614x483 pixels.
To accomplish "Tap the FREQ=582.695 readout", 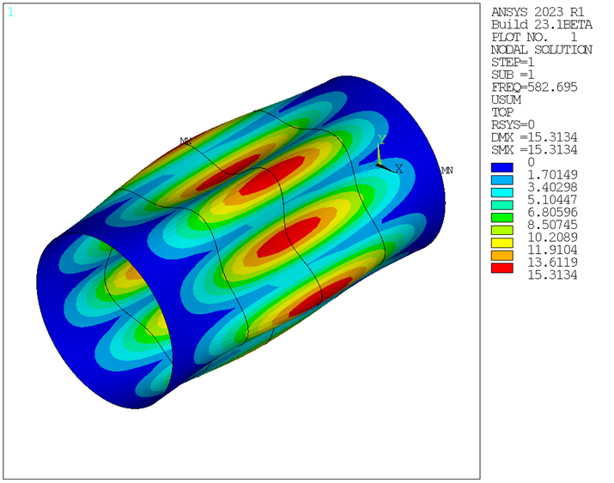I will coord(533,87).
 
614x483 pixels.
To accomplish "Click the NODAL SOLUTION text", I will coord(541,50).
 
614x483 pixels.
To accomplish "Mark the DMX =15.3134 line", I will coord(533,136).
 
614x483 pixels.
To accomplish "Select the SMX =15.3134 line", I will coord(533,149).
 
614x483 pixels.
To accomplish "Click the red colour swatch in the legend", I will coord(502,269).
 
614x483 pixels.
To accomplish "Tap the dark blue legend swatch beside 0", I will coord(502,162).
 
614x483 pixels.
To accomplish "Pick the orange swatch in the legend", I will coord(502,257).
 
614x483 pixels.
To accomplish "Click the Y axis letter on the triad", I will coord(383,138).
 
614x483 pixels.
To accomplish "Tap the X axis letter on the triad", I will coord(398,169).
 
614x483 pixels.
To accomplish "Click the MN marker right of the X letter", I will coord(447,171).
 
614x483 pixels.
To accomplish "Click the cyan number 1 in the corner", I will coord(10,12).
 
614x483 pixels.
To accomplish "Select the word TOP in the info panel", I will coord(502,112).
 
